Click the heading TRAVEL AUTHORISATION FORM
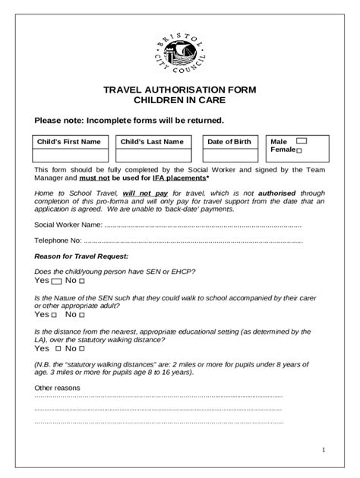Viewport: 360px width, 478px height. tap(180, 90)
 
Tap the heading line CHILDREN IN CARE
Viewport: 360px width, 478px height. tap(180, 100)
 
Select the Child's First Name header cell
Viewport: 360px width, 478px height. tap(69, 142)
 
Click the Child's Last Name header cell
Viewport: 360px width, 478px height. tap(152, 142)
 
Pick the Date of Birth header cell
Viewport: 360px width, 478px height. tap(229, 142)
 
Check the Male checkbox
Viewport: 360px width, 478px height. tap(301, 141)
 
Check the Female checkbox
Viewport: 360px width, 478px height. tap(298, 152)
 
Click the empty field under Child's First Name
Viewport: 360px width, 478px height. tap(69, 156)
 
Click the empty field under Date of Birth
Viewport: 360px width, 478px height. tap(229, 156)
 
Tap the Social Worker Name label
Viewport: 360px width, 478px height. tap(68, 225)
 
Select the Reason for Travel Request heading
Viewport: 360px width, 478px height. tap(81, 256)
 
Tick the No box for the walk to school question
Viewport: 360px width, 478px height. tap(82, 314)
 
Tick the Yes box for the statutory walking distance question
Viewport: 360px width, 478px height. tap(56, 349)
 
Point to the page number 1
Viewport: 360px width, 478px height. tap(323, 451)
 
